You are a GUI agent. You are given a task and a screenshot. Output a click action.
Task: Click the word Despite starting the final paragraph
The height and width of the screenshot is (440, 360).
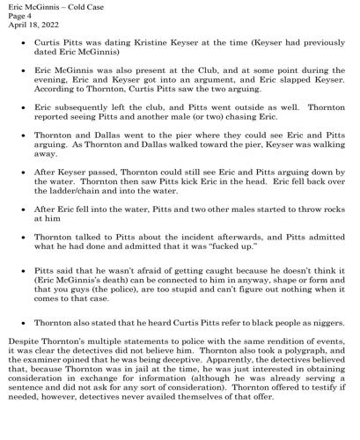pyautogui.click(x=24, y=360)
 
